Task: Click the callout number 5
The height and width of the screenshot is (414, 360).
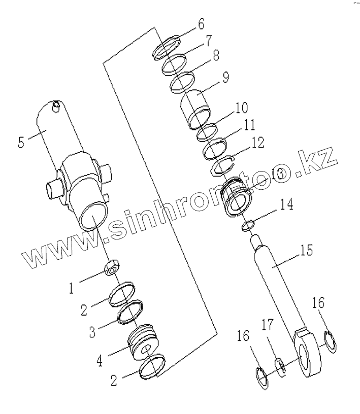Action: (21, 142)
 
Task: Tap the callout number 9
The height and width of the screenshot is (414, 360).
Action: (225, 78)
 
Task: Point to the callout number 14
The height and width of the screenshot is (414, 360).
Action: (286, 205)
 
